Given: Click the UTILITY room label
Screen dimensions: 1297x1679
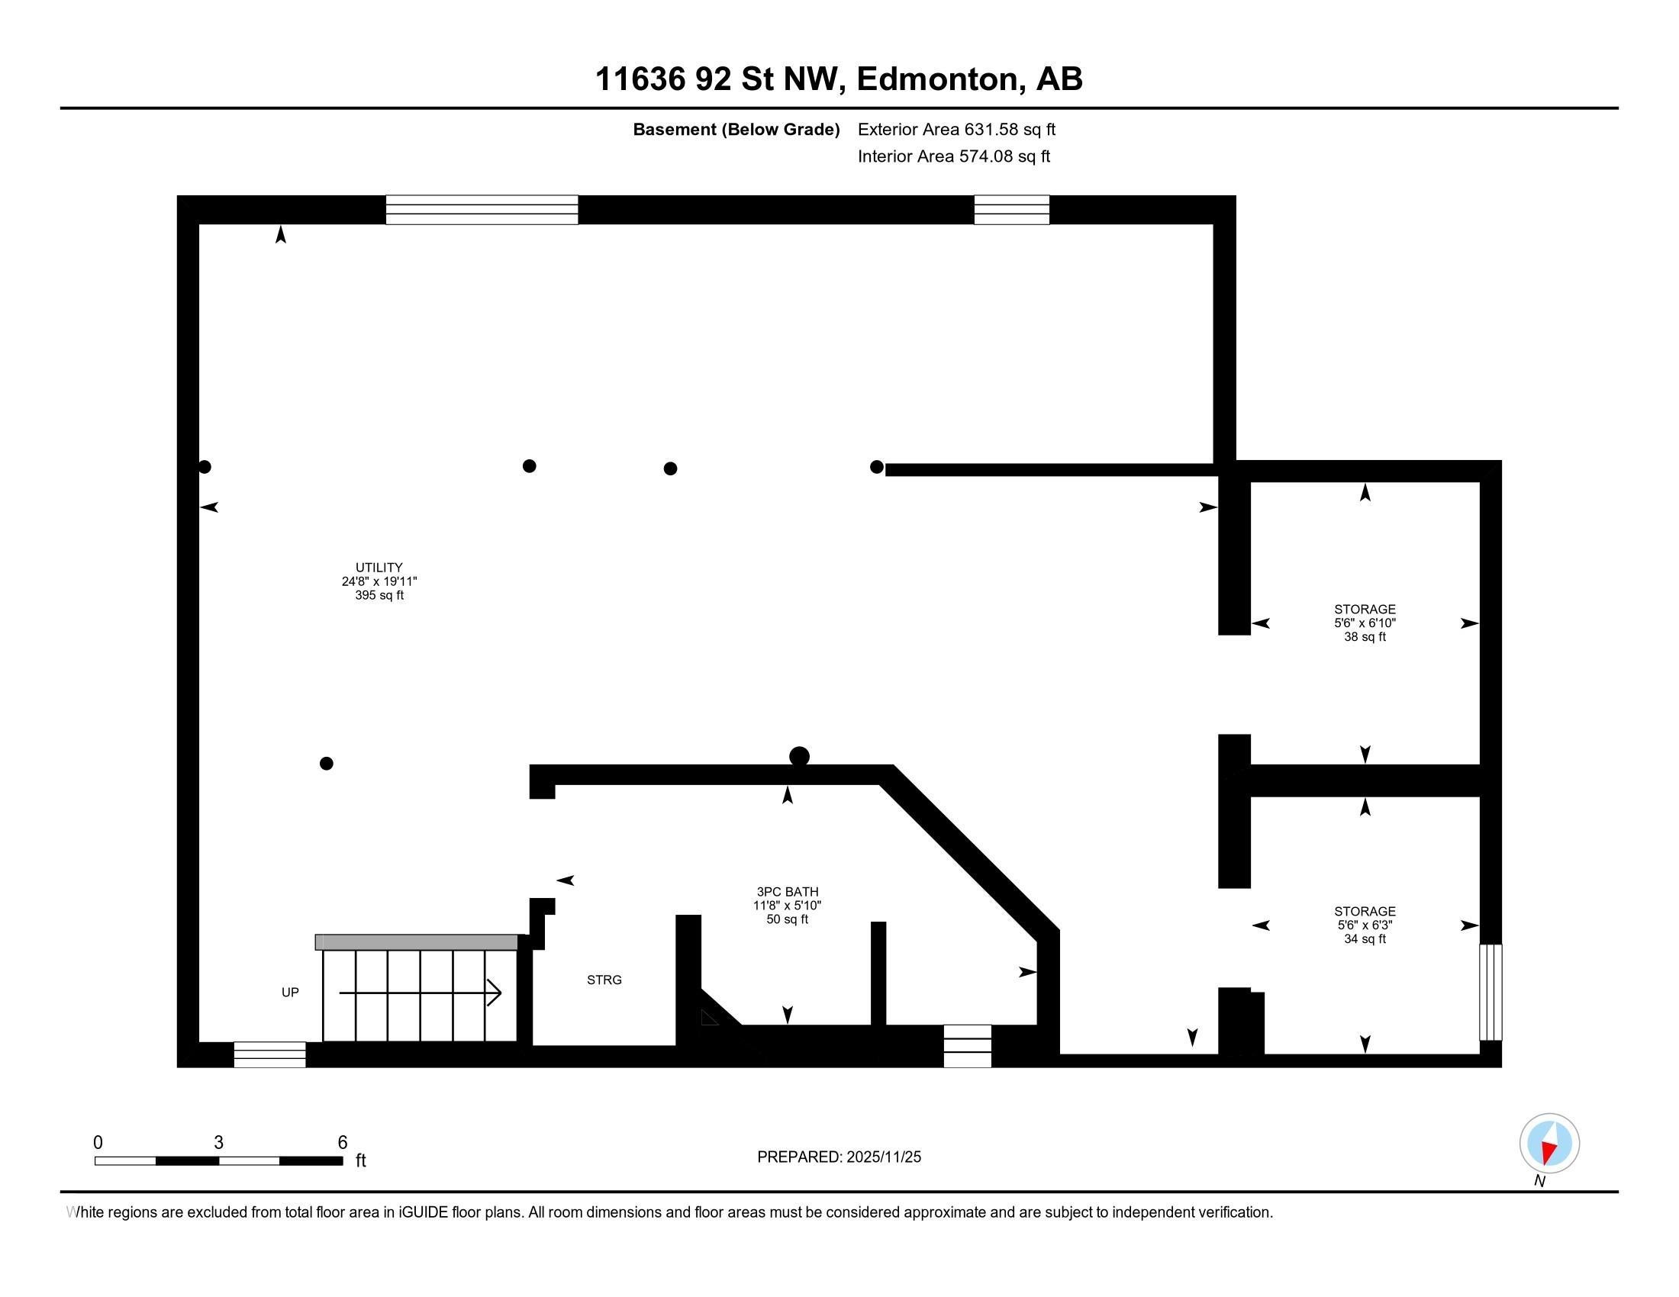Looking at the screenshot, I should [379, 568].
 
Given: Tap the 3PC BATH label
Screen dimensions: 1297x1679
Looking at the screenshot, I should [788, 892].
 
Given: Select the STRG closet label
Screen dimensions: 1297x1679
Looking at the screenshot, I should [604, 980].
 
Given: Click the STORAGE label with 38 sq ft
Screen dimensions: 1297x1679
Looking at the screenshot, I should [1365, 610].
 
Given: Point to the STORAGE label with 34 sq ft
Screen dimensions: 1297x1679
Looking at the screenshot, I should [1365, 911].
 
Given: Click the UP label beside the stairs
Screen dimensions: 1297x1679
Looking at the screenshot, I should [290, 992].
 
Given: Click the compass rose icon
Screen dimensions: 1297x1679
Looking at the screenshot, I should [1549, 1143].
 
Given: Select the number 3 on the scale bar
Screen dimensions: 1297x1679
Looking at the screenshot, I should [218, 1143].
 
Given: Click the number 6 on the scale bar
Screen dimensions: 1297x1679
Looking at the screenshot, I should [343, 1143].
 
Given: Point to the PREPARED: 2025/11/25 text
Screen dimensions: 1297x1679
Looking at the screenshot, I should [839, 1157].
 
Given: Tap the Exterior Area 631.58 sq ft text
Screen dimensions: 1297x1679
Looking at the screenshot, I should [956, 130].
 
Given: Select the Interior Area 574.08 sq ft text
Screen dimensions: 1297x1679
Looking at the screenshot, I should [953, 156].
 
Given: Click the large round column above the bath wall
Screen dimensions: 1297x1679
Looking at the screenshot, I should [800, 757].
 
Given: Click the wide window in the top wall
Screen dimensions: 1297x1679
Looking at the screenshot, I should [482, 210].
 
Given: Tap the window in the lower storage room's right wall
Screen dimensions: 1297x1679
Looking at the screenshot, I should [1490, 992].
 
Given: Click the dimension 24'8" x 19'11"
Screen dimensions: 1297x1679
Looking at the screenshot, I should [379, 581].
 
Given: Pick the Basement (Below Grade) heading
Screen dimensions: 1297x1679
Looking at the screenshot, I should [736, 130].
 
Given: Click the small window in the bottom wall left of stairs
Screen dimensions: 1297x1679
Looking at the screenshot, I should [270, 1054].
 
